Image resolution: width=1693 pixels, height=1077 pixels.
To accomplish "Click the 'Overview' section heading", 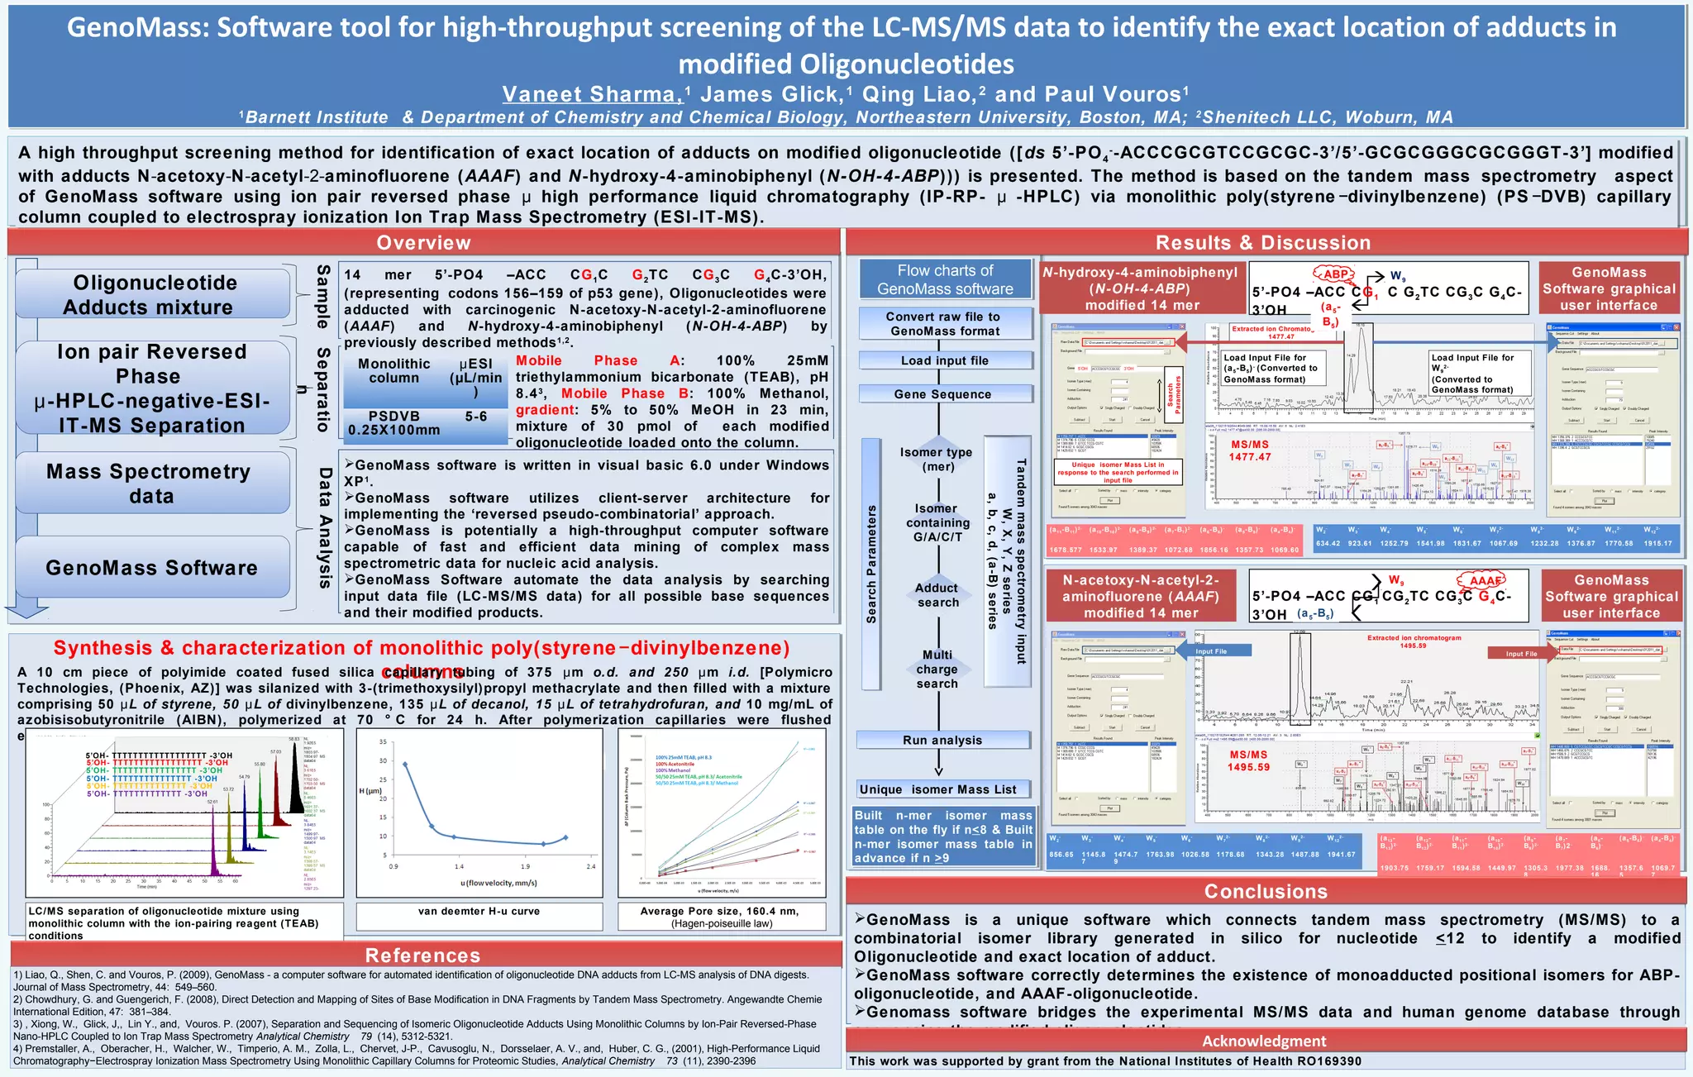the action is [x=423, y=242].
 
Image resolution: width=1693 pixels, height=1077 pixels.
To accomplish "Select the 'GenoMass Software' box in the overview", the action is [x=152, y=568].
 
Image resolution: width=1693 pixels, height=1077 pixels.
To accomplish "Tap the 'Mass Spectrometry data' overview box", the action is [x=152, y=484].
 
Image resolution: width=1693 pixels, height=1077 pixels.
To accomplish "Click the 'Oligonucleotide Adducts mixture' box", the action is [x=152, y=295].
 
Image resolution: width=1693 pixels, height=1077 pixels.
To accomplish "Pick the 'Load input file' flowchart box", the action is [x=945, y=360].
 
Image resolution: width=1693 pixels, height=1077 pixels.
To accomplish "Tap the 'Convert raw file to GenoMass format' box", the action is [x=945, y=323].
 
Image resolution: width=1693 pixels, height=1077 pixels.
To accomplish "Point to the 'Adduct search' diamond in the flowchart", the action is [x=937, y=595].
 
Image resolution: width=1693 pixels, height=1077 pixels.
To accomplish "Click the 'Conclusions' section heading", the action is [x=1266, y=891].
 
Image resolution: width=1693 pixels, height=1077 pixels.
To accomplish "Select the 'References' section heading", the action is [x=423, y=955].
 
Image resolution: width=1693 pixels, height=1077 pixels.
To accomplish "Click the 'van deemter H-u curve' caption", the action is [x=479, y=912].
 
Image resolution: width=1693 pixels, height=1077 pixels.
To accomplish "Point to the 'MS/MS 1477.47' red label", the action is [x=1249, y=450].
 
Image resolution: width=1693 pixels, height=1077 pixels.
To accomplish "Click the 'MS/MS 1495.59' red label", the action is [x=1248, y=760].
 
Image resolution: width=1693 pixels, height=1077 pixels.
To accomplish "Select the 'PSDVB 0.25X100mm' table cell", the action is [x=394, y=423].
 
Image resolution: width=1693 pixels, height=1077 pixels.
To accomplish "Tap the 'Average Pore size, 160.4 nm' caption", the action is [x=720, y=917].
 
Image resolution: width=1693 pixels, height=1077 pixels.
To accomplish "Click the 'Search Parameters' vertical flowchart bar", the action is [x=871, y=564].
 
